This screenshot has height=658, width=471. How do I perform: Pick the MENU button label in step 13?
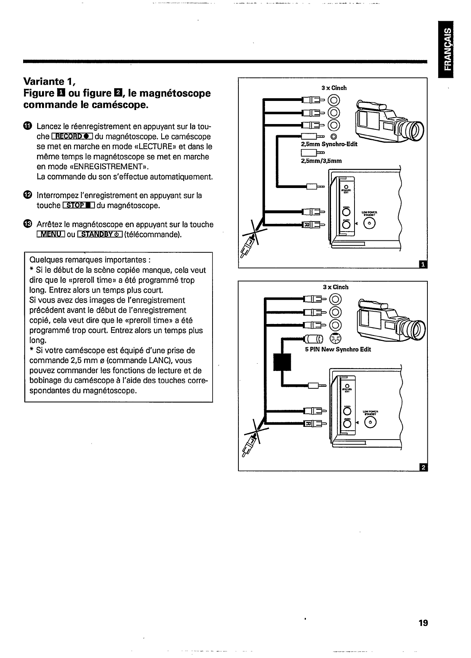tap(51, 235)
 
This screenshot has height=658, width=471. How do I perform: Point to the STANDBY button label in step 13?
tap(100, 235)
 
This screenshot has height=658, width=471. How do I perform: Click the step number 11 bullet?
tap(27, 126)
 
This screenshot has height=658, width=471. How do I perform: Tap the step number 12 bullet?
tap(27, 195)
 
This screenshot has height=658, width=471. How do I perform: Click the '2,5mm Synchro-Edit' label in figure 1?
tap(329, 144)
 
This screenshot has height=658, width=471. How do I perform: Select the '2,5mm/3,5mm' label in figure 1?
tap(321, 161)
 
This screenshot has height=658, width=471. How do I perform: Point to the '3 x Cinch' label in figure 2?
tap(335, 287)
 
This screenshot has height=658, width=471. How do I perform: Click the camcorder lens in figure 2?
tap(418, 328)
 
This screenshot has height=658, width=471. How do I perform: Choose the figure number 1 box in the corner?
tap(423, 264)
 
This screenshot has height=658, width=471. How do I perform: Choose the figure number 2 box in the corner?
tap(423, 467)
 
